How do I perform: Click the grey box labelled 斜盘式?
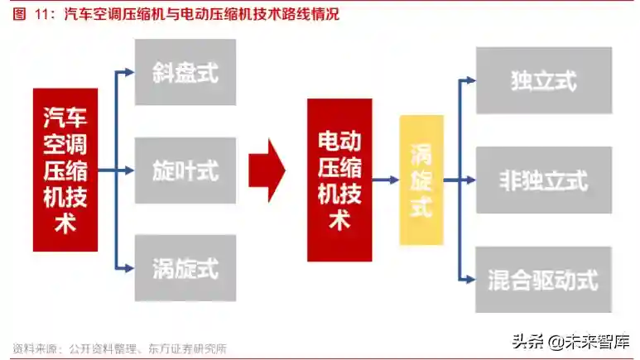[x=185, y=72]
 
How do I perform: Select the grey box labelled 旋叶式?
[x=185, y=170]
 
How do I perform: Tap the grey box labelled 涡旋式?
[x=185, y=268]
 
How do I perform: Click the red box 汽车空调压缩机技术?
[x=65, y=170]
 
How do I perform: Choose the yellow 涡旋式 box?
[x=421, y=180]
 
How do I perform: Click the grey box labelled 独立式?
[x=543, y=80]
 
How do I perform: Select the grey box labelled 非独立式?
[x=543, y=180]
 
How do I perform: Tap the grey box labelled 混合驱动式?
[x=543, y=279]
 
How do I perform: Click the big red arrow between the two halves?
[x=267, y=170]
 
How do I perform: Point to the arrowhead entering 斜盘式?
[x=128, y=72]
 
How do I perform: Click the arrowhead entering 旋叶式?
[x=128, y=170]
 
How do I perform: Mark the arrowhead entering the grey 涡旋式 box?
[x=128, y=268]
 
